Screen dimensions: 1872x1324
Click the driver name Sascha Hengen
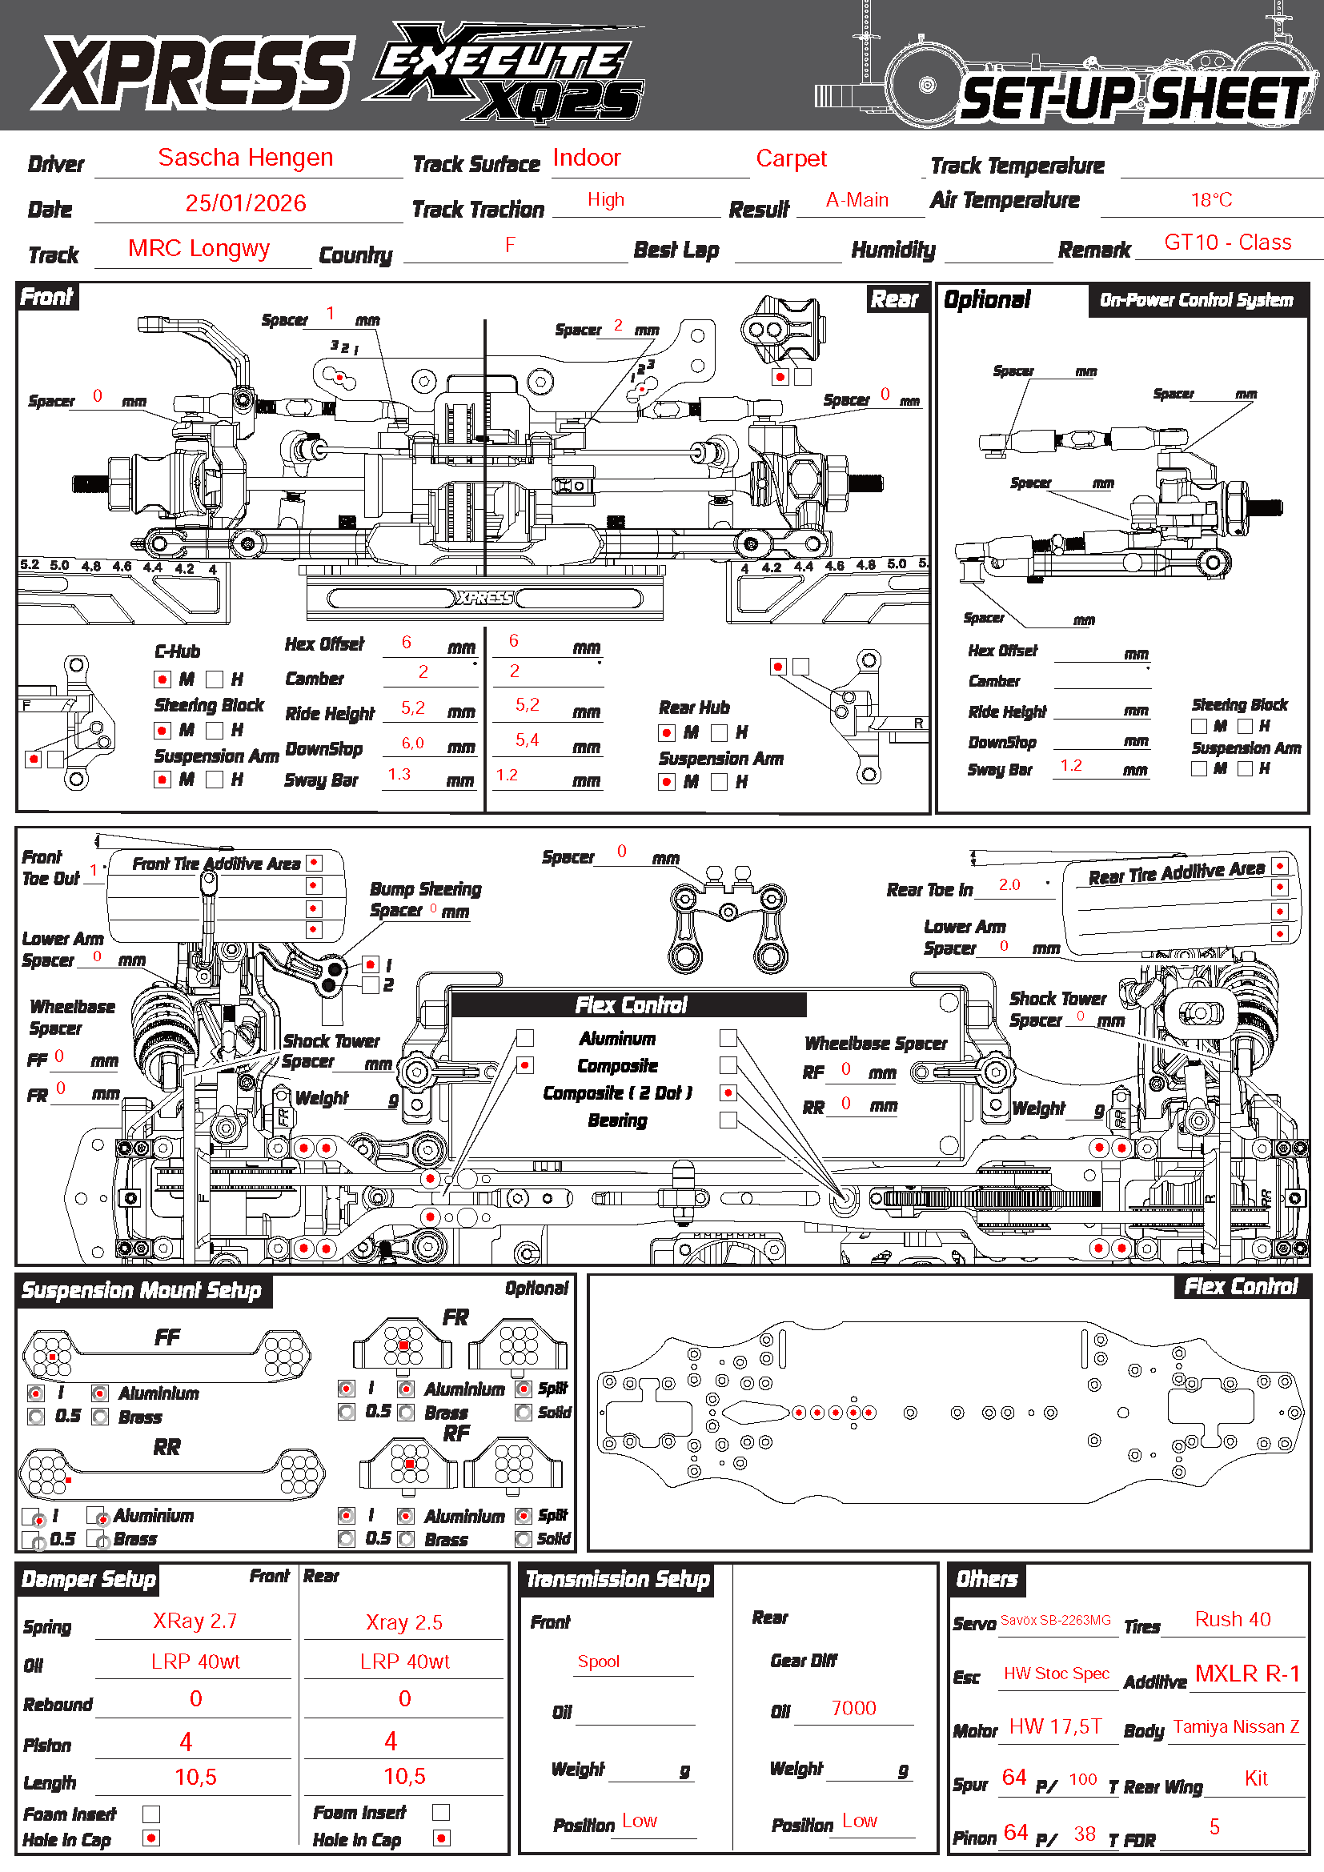point(246,158)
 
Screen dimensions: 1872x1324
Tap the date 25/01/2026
point(246,203)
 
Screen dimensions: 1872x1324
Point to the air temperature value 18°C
point(1210,200)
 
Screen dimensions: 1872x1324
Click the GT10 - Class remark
point(1227,243)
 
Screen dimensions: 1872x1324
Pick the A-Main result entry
point(856,200)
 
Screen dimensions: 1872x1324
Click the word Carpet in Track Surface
point(791,158)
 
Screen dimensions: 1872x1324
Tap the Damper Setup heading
point(88,1579)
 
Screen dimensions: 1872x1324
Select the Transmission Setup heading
point(617,1579)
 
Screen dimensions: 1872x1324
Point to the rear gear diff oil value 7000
point(853,1708)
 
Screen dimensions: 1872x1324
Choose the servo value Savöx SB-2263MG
point(1055,1620)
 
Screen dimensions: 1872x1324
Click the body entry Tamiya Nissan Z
point(1235,1726)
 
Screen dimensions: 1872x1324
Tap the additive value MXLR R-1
point(1246,1674)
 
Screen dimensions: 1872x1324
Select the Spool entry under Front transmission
point(599,1662)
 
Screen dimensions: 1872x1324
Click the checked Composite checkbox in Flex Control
point(525,1064)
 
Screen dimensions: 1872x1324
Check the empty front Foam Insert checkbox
point(150,1814)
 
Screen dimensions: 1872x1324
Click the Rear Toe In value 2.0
point(1009,884)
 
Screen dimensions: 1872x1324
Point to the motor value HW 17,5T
point(1055,1726)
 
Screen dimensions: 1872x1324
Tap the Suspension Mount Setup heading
point(141,1291)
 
